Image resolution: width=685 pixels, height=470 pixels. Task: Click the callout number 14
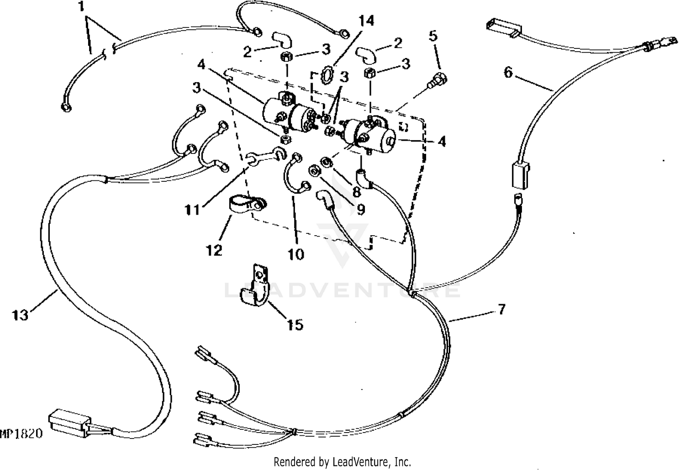(x=366, y=21)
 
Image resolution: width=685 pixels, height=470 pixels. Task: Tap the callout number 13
(x=20, y=315)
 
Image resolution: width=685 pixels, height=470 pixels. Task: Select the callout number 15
(x=295, y=325)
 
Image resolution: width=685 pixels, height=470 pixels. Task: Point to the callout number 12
(x=214, y=250)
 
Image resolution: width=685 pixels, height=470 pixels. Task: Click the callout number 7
(x=501, y=309)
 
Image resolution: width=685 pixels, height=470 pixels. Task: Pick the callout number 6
(x=508, y=72)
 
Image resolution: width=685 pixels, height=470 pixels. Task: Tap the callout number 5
(x=433, y=35)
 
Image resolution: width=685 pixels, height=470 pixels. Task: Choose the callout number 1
(x=81, y=7)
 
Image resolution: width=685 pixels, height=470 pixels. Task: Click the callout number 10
(x=296, y=254)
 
